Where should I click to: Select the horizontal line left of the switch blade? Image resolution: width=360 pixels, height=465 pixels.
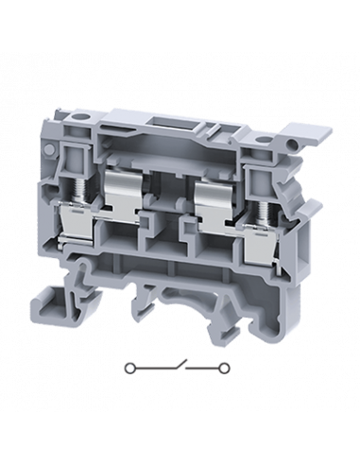click(x=147, y=365)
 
